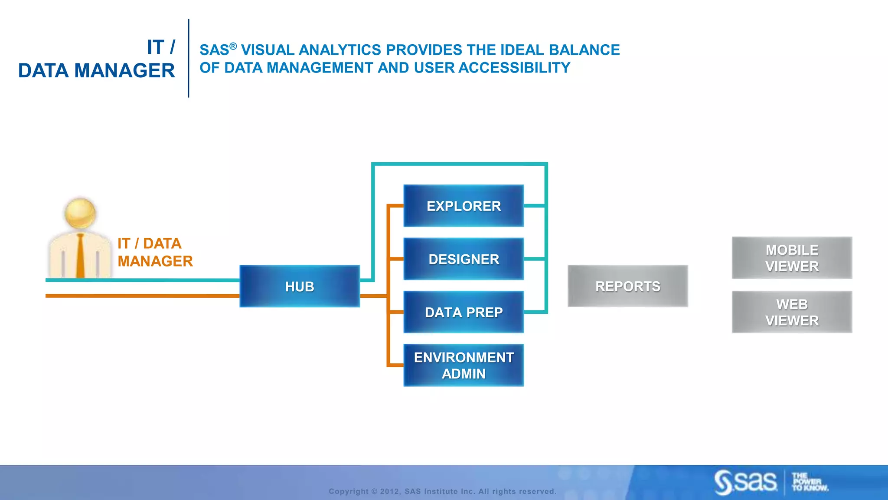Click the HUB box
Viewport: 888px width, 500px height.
point(300,286)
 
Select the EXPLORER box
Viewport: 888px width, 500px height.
point(464,206)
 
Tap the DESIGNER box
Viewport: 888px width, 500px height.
point(464,259)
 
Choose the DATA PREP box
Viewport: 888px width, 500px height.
point(464,312)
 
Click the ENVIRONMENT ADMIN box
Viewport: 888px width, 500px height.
point(464,365)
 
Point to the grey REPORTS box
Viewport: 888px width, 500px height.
point(627,286)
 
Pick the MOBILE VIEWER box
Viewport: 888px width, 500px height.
point(792,258)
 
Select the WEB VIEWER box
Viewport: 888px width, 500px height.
point(792,312)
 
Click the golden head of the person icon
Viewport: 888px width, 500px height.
point(80,213)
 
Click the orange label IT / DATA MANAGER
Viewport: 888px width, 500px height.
point(155,252)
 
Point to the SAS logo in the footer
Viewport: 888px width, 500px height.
point(745,482)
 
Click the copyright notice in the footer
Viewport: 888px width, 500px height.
point(442,491)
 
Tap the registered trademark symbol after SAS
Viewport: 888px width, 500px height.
point(233,46)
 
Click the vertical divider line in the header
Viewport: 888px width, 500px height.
point(189,58)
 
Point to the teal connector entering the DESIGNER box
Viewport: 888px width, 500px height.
point(534,259)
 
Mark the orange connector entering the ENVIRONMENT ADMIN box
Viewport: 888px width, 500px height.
point(395,365)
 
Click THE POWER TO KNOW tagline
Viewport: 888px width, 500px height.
point(809,482)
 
